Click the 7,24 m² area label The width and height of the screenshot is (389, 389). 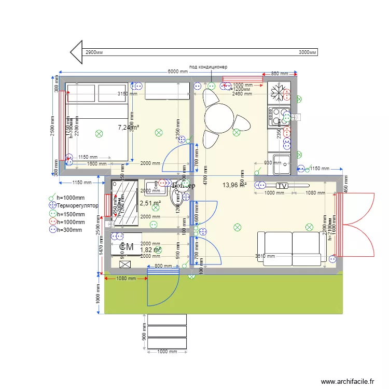click(128, 127)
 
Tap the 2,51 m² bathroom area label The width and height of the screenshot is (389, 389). click(150, 203)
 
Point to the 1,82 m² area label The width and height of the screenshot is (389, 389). click(150, 249)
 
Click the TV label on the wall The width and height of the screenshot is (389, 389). click(282, 186)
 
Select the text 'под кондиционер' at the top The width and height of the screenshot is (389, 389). click(208, 67)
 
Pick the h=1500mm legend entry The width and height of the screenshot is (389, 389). click(71, 214)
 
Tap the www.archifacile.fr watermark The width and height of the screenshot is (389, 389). click(347, 381)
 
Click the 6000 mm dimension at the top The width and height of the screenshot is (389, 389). click(177, 72)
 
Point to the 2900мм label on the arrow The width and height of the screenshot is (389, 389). click(94, 52)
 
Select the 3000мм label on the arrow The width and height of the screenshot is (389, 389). click(308, 52)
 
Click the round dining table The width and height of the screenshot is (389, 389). click(218, 117)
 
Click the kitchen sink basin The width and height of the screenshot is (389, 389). click(281, 164)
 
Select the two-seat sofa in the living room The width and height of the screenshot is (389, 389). click(292, 248)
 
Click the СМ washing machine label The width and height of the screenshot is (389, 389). click(126, 247)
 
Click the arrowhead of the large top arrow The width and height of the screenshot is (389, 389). click(77, 52)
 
